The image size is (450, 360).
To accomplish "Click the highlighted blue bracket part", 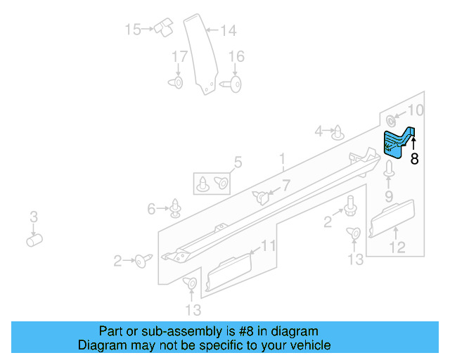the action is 397,143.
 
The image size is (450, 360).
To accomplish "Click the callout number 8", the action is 414,160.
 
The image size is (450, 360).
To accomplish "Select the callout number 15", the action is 133,30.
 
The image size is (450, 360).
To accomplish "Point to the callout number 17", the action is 180,56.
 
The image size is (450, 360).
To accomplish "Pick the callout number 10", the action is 416,110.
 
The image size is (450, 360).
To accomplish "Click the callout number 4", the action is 319,131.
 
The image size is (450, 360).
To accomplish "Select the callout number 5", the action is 237,163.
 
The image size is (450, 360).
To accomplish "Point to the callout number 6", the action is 151,208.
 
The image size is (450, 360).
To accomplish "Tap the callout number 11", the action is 269,245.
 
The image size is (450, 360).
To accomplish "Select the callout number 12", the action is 397,247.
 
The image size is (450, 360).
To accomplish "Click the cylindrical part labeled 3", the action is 34,240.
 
